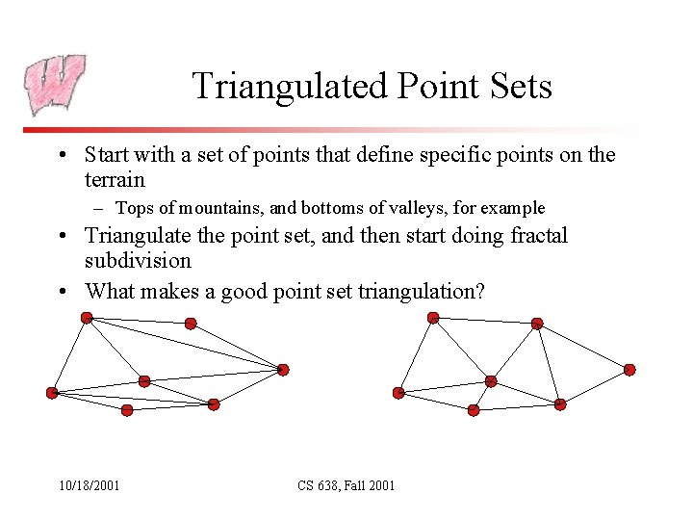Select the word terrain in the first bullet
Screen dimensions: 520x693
tap(115, 179)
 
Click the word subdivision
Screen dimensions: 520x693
tap(138, 261)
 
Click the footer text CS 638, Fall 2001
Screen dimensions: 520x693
tap(346, 485)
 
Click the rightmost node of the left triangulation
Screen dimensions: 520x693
tap(283, 369)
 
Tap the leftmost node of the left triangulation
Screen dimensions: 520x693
tap(52, 392)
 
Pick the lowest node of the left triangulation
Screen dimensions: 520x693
tap(127, 410)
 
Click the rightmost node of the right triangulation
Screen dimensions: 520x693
tap(629, 369)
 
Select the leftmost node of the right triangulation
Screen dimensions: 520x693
tap(398, 392)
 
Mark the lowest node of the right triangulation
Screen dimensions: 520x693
tap(474, 410)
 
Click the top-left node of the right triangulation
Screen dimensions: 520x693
tap(433, 317)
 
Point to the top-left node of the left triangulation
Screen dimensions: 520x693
tap(87, 317)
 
